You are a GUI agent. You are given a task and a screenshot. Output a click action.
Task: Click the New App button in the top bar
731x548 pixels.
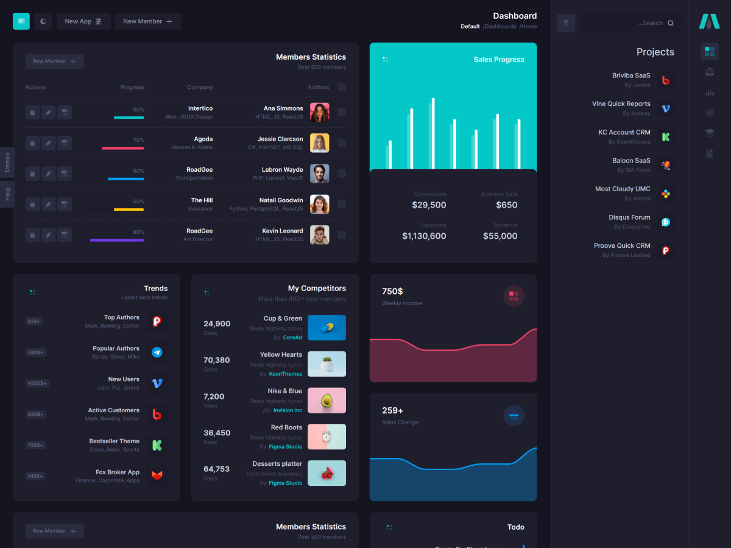[x=83, y=21]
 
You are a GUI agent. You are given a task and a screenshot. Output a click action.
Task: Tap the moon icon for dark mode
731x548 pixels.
[x=43, y=21]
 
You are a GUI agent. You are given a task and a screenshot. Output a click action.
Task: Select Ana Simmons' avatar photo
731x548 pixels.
[x=319, y=113]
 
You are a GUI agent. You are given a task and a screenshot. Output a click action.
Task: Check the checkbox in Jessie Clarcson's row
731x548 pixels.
[x=342, y=143]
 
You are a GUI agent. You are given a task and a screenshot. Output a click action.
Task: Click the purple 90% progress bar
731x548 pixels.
[x=117, y=240]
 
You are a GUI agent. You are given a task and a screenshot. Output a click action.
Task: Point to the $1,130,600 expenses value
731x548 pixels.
[x=424, y=236]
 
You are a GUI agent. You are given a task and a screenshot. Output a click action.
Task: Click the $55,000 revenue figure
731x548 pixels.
[x=500, y=236]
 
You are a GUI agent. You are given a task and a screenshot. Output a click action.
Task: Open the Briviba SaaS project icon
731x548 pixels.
[x=666, y=80]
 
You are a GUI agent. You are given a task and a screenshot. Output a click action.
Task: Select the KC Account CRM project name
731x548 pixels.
[x=624, y=132]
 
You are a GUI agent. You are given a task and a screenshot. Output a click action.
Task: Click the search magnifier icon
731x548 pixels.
[x=671, y=23]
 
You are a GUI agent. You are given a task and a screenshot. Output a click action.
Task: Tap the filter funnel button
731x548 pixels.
[x=566, y=23]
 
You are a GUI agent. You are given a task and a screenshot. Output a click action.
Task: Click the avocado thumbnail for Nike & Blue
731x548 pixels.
[x=327, y=401]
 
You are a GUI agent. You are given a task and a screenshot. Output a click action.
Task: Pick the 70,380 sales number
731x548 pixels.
[x=217, y=360]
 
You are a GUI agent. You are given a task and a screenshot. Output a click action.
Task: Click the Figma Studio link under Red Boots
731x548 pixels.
[x=285, y=446]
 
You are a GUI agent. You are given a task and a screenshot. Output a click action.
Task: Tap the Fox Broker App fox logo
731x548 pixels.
[x=157, y=476]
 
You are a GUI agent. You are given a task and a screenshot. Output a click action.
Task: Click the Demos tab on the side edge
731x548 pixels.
[x=7, y=163]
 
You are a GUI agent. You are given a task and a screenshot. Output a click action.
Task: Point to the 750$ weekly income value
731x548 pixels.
[x=392, y=291]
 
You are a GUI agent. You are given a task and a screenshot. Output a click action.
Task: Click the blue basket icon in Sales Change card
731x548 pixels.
[x=514, y=415]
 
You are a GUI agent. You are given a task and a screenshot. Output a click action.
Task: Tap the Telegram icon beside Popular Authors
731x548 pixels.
[x=157, y=352]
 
